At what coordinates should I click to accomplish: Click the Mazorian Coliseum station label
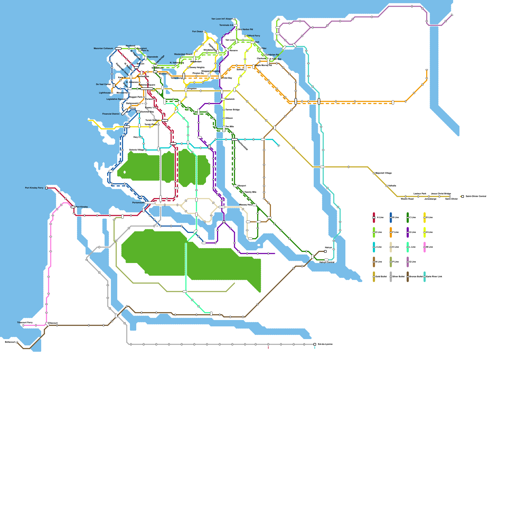(x=103, y=48)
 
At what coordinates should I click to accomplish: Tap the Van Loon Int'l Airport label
(x=222, y=19)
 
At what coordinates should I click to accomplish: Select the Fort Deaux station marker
(x=205, y=32)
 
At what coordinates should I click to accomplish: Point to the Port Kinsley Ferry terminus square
(x=47, y=188)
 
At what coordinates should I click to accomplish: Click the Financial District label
(x=111, y=114)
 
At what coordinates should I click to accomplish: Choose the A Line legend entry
(x=380, y=217)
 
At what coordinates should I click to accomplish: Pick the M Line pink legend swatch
(x=425, y=247)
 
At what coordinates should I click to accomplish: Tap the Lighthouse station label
(x=105, y=93)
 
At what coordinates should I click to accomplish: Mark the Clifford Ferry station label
(x=253, y=36)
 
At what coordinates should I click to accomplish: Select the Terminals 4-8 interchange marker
(x=235, y=25)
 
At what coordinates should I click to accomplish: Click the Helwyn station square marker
(x=325, y=251)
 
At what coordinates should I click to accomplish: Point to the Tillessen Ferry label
(x=25, y=323)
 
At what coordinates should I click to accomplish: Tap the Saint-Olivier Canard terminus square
(x=463, y=196)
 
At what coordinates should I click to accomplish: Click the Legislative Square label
(x=116, y=99)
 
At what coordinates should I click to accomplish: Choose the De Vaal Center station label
(x=103, y=84)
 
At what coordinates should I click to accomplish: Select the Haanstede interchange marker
(x=146, y=58)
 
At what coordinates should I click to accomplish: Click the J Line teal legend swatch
(x=374, y=247)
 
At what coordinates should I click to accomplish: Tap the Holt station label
(x=257, y=42)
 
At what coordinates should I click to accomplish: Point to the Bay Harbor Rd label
(x=246, y=29)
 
